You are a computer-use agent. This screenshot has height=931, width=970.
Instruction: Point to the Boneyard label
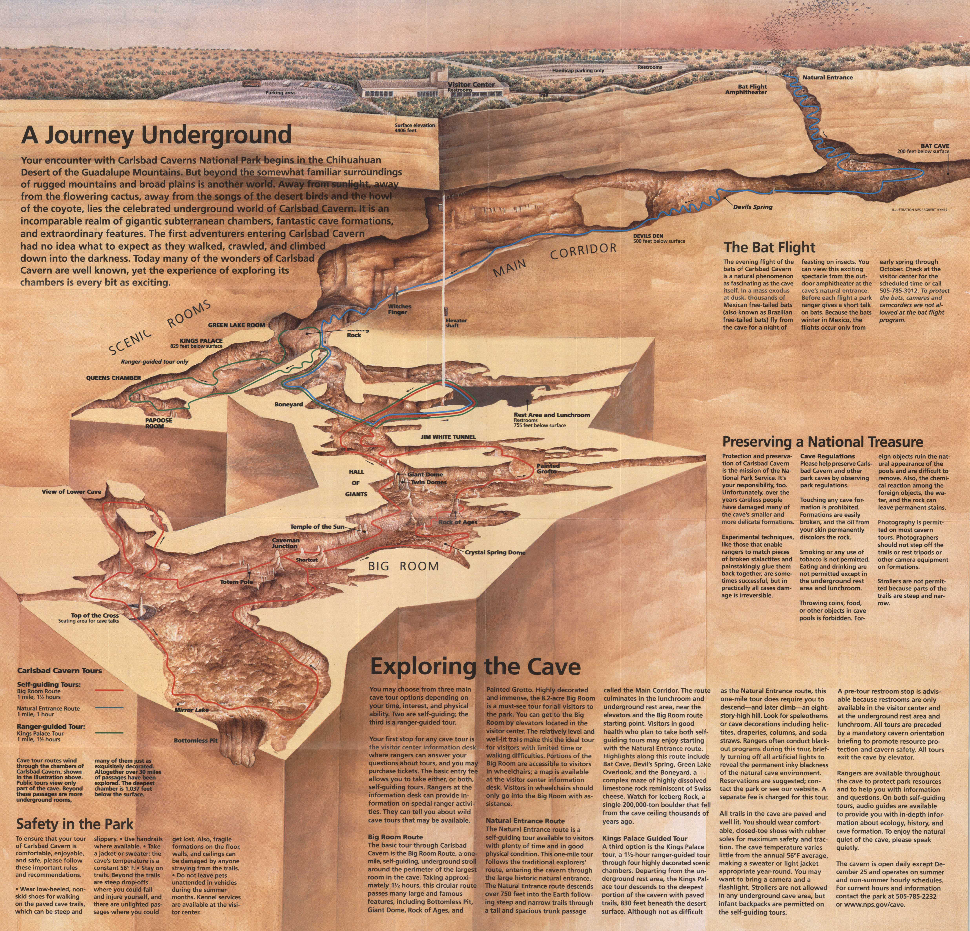[x=289, y=404]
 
